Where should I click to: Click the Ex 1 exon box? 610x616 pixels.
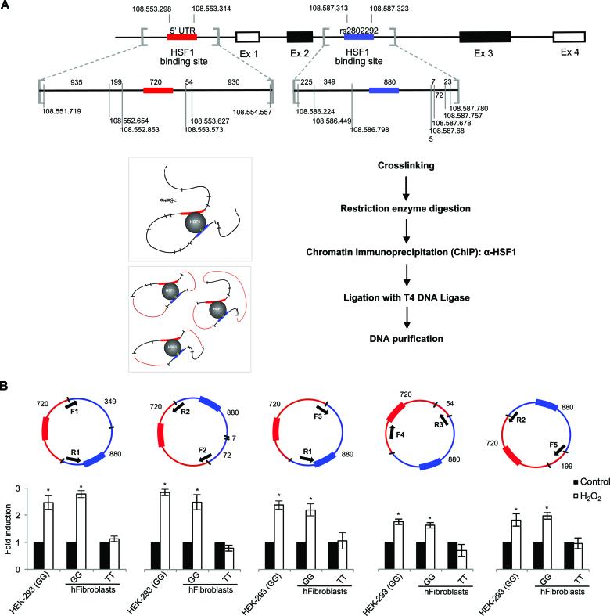click(x=248, y=37)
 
